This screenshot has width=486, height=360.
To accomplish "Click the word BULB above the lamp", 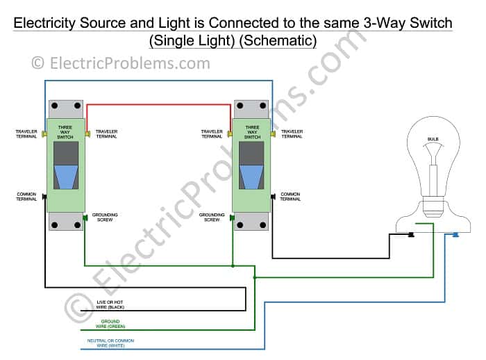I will point(433,139).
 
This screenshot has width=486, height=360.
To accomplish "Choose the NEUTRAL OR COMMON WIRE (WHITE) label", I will point(111,343).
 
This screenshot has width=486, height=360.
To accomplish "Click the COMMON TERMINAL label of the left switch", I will point(26,197).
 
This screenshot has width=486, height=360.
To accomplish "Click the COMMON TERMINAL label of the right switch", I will point(290,197).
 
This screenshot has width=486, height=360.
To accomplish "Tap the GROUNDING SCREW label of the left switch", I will point(105,218).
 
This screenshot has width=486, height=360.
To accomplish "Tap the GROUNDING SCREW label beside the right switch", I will point(212,218).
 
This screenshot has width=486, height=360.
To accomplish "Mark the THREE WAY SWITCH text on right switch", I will point(252,132).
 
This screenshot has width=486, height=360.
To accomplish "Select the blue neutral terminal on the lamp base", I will point(455,235).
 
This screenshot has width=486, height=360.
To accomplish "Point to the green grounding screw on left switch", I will point(85,218).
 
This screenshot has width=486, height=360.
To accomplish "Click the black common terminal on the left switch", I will point(45,197).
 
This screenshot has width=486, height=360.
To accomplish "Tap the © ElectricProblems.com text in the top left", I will point(120,63).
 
